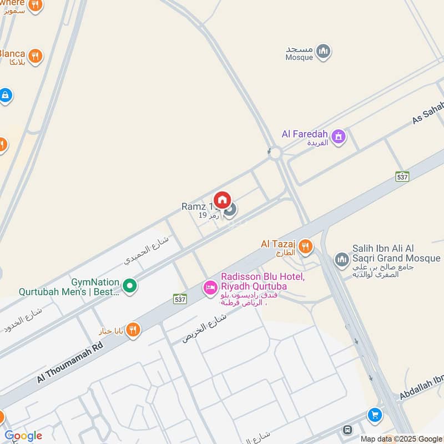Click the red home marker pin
[222, 199]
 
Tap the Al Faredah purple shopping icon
[338, 135]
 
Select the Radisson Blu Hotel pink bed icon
[210, 287]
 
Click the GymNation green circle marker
[130, 286]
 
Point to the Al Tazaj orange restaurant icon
[305, 246]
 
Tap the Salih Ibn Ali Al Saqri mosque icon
[341, 259]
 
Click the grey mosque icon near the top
[323, 52]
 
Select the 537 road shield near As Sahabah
[402, 176]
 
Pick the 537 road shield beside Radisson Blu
[179, 298]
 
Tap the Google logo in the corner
[23, 436]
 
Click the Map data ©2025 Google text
[401, 438]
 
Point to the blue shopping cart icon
[375, 415]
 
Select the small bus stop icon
[348, 429]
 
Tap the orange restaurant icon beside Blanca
[36, 56]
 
